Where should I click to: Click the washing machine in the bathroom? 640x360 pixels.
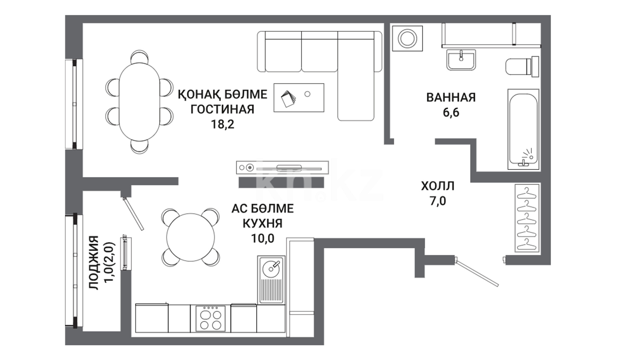click(407, 38)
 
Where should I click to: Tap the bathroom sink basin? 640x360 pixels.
click(461, 60)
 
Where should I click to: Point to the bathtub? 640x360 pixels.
click(523, 129)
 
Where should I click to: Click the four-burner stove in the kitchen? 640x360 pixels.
click(210, 318)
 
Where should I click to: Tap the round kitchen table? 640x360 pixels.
click(191, 237)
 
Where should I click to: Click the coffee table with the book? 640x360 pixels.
click(299, 98)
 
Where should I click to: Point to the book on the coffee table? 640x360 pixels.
click(288, 98)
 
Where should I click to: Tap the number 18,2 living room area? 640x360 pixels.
click(222, 124)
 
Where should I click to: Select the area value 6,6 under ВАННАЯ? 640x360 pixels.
click(451, 113)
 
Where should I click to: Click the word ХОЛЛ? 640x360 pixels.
click(438, 186)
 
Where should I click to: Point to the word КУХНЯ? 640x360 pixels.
click(263, 223)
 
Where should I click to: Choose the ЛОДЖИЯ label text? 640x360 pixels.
click(94, 262)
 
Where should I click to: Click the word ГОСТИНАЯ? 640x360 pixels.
click(222, 109)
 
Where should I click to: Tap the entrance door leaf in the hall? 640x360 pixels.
click(477, 272)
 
